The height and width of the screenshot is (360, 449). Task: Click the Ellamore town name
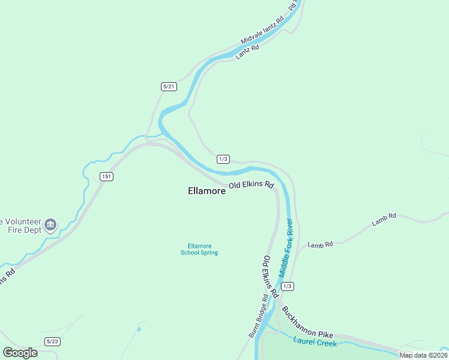pos(206,191)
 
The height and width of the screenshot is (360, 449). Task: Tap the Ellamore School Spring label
pos(199,249)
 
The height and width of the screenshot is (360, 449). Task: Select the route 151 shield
pos(106,176)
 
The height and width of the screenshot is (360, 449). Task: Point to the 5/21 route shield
pos(169,87)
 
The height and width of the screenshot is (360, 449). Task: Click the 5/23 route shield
pos(53,341)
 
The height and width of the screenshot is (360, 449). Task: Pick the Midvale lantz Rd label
pos(262,31)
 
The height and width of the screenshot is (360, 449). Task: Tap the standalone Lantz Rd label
pos(247,52)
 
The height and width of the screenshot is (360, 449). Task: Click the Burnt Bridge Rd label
pos(258,316)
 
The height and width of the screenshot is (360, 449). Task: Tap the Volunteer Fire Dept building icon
pos(51,225)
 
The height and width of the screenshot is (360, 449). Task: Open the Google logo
pos(20,352)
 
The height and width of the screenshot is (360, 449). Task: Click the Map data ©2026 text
pos(424,355)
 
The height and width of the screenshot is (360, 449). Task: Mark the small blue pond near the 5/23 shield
pos(139,329)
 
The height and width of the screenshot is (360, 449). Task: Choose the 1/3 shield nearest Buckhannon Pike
pos(288,286)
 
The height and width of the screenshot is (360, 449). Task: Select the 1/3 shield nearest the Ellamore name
pos(223,159)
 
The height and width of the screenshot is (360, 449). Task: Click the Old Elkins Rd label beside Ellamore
pos(251,185)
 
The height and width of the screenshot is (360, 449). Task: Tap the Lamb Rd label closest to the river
pos(320,245)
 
